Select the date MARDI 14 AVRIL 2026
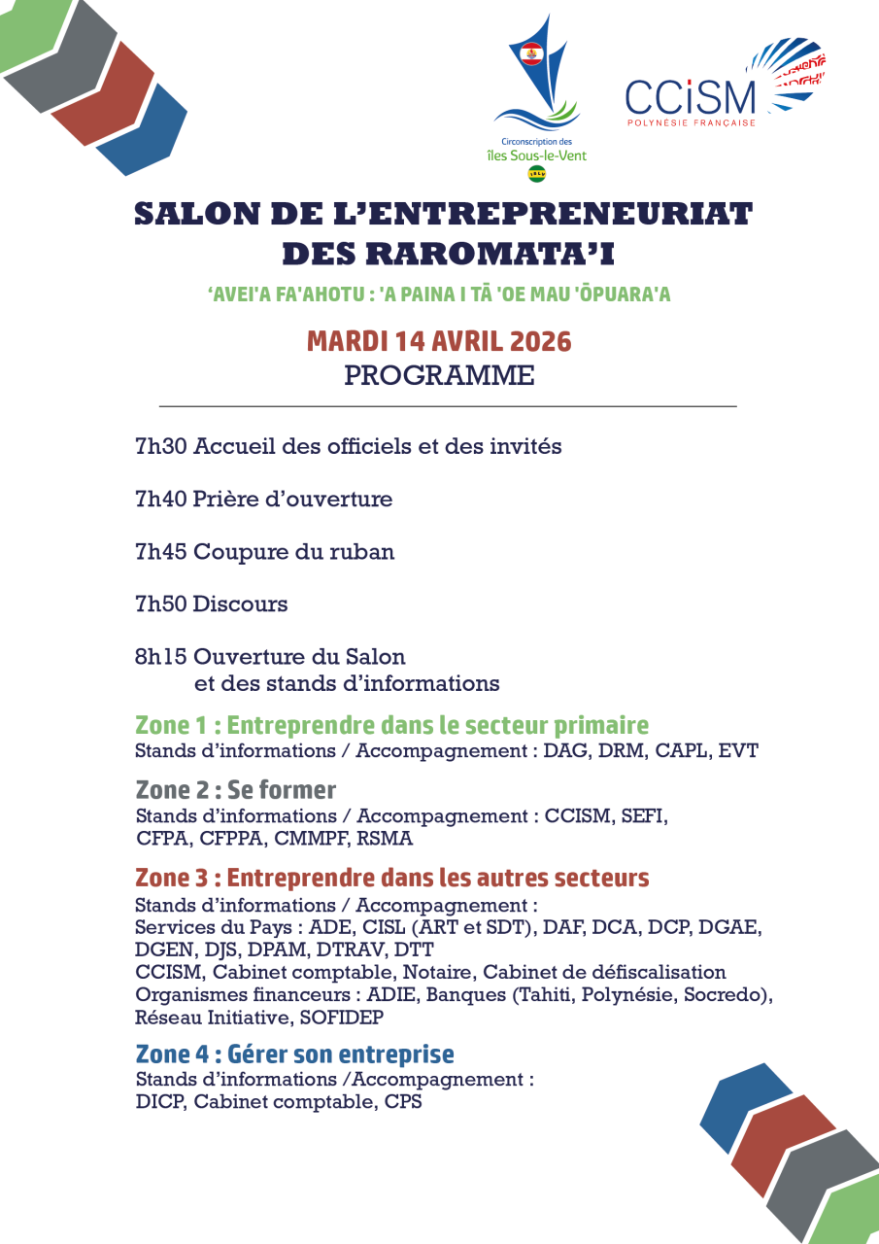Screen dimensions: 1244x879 pyautogui.click(x=439, y=342)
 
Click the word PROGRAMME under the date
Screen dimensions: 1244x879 pyautogui.click(x=439, y=376)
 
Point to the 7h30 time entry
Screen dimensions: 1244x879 pyautogui.click(x=160, y=447)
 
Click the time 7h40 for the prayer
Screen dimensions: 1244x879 pyautogui.click(x=160, y=500)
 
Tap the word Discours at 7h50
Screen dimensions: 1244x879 pyautogui.click(x=240, y=605)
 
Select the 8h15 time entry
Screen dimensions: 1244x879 pyautogui.click(x=160, y=657)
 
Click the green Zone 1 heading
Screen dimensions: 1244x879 pyautogui.click(x=391, y=726)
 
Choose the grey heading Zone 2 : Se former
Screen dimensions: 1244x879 pyautogui.click(x=236, y=790)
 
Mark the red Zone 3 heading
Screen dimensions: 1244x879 pyautogui.click(x=391, y=879)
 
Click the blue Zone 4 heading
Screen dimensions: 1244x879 pyautogui.click(x=294, y=1054)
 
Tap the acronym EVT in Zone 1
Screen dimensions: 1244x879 pyautogui.click(x=737, y=751)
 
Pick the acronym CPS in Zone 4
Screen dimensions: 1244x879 pyautogui.click(x=403, y=1103)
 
